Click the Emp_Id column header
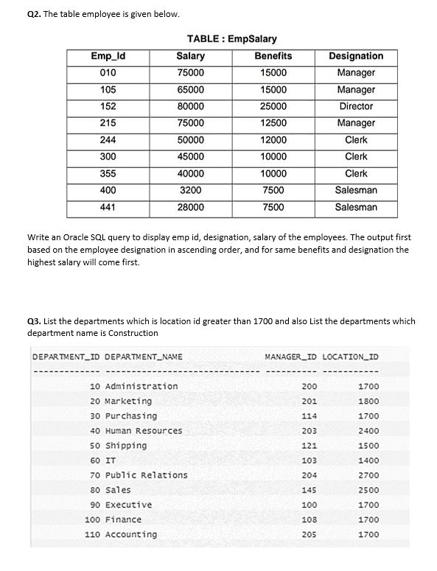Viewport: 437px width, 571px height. (x=108, y=56)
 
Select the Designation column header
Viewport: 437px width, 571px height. (x=356, y=56)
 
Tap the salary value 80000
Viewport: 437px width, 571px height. (x=191, y=106)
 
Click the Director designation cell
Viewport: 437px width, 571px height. (x=356, y=106)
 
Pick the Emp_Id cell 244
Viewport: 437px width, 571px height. (x=108, y=140)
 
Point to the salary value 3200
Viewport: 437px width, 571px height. (x=191, y=190)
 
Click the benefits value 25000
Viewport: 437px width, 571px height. (x=273, y=106)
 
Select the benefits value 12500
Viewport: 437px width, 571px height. (x=273, y=123)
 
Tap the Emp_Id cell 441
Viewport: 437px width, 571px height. (x=108, y=207)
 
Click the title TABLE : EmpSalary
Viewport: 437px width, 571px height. (x=232, y=38)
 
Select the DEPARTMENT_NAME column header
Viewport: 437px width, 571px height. (x=144, y=357)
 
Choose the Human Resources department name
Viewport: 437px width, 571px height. (x=144, y=431)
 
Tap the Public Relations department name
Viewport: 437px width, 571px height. (x=147, y=475)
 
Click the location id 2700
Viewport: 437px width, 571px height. (x=368, y=475)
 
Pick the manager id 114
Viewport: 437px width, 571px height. (x=310, y=416)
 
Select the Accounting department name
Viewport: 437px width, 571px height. (x=131, y=534)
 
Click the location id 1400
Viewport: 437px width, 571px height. (x=368, y=460)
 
